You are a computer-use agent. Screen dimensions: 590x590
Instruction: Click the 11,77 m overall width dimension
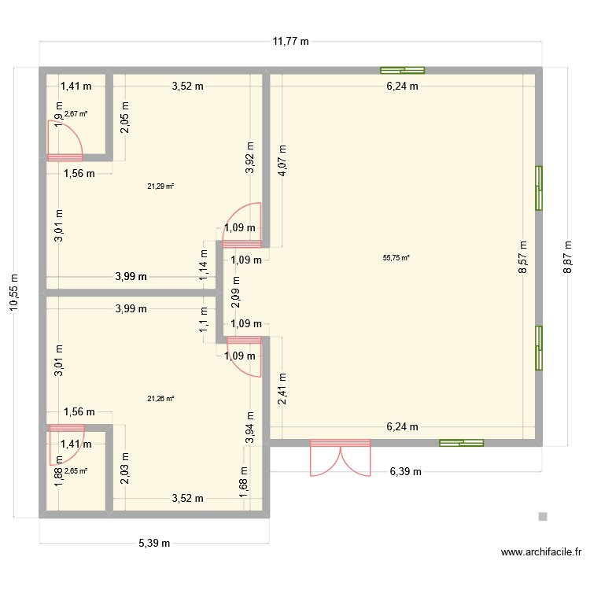point(290,42)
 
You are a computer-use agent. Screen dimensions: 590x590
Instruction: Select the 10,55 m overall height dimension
point(13,293)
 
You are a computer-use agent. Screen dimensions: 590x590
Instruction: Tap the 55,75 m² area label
point(396,257)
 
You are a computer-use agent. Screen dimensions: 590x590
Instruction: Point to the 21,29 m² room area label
point(160,186)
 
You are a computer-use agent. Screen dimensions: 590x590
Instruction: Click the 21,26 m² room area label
point(160,398)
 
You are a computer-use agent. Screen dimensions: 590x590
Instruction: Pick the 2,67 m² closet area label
point(76,114)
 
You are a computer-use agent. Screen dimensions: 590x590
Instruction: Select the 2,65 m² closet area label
point(76,471)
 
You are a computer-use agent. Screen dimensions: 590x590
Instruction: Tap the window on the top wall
point(402,69)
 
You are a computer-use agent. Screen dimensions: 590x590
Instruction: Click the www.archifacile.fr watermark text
point(534,553)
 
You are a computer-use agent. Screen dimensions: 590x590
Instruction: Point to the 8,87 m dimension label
point(567,257)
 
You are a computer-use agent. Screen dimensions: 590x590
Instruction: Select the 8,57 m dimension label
point(523,257)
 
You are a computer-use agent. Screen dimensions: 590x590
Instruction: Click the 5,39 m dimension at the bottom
point(155,543)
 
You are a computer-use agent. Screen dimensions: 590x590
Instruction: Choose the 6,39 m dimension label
point(405,472)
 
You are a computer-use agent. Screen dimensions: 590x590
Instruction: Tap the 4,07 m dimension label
point(282,164)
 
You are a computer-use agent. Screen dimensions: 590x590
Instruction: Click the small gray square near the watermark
point(542,517)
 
